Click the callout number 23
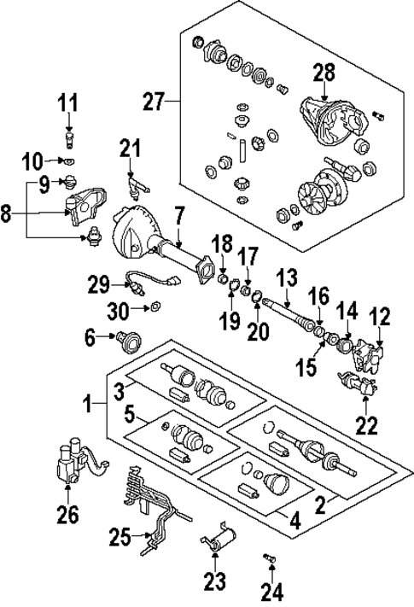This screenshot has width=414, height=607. click(214, 583)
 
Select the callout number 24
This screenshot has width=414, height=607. click(271, 590)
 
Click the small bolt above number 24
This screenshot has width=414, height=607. click(270, 558)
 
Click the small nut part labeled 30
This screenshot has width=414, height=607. click(155, 306)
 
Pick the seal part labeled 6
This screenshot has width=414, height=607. click(131, 341)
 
